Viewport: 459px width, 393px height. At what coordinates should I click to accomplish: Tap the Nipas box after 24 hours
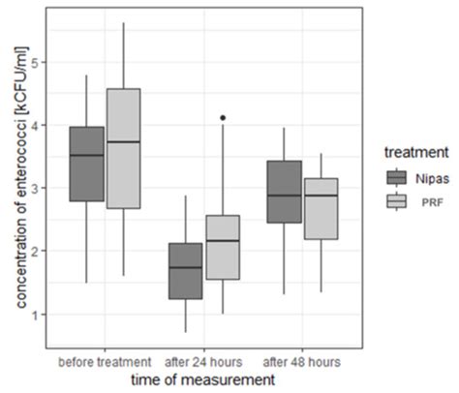(186, 271)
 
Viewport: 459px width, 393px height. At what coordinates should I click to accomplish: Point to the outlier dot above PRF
(224, 117)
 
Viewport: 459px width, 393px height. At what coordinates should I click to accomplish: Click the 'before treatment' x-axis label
(105, 362)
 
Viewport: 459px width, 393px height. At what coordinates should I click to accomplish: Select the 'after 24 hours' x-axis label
(205, 362)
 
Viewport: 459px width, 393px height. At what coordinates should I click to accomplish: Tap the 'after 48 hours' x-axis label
(303, 362)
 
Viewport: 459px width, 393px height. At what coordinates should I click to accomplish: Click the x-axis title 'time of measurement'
(204, 380)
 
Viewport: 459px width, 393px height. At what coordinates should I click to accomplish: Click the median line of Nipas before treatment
(87, 155)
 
